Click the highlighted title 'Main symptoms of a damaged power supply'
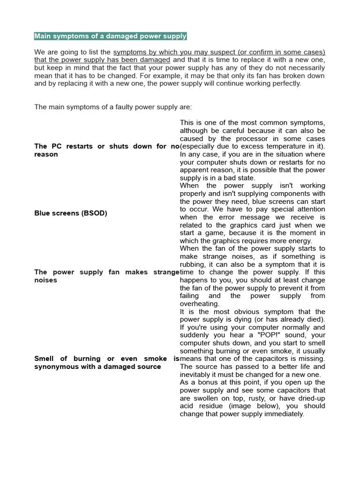click(110, 36)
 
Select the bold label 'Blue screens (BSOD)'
click(71, 213)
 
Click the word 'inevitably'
click(198, 375)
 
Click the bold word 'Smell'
click(44, 359)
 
